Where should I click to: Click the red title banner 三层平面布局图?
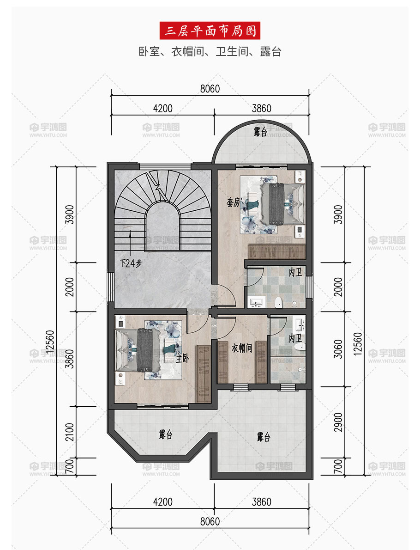pyautogui.click(x=210, y=31)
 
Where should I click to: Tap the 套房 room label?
pyautogui.click(x=233, y=202)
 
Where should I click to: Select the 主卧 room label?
pyautogui.click(x=182, y=358)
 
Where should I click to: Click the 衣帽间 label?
pyautogui.click(x=242, y=348)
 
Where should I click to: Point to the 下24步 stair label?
pyautogui.click(x=131, y=263)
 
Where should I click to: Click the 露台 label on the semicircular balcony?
pyautogui.click(x=260, y=132)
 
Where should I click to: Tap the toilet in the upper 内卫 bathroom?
pyautogui.click(x=278, y=302)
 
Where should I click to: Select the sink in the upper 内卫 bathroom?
pyautogui.click(x=257, y=302)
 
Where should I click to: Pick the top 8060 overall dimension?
pyautogui.click(x=210, y=89)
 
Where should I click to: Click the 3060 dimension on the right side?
pyautogui.click(x=338, y=348)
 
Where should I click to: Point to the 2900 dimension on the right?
pyautogui.click(x=338, y=422)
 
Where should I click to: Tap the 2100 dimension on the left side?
pyautogui.click(x=70, y=432)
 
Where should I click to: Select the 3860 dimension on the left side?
pyautogui.click(x=70, y=359)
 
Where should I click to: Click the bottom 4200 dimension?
pyautogui.click(x=163, y=501)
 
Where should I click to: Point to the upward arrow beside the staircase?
pyautogui.click(x=130, y=242)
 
